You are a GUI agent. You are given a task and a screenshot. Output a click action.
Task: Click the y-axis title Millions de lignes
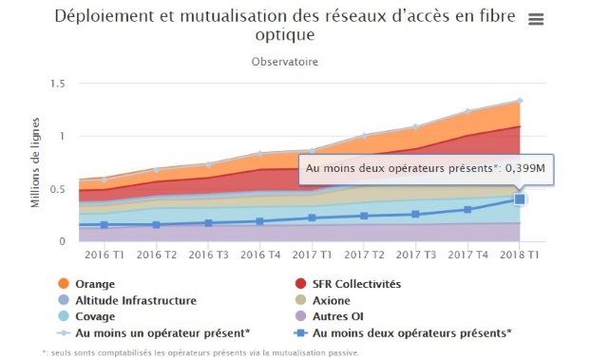[x=35, y=163]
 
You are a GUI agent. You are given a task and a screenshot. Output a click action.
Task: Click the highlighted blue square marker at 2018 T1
[x=520, y=199]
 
